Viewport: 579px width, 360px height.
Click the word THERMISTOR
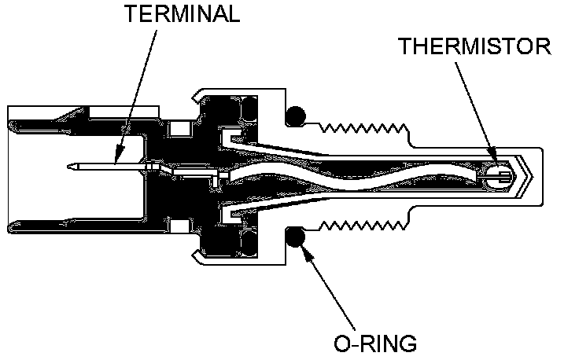pos(474,46)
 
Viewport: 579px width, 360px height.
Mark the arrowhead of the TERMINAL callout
pos(116,162)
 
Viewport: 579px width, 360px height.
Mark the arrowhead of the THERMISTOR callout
pos(493,163)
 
